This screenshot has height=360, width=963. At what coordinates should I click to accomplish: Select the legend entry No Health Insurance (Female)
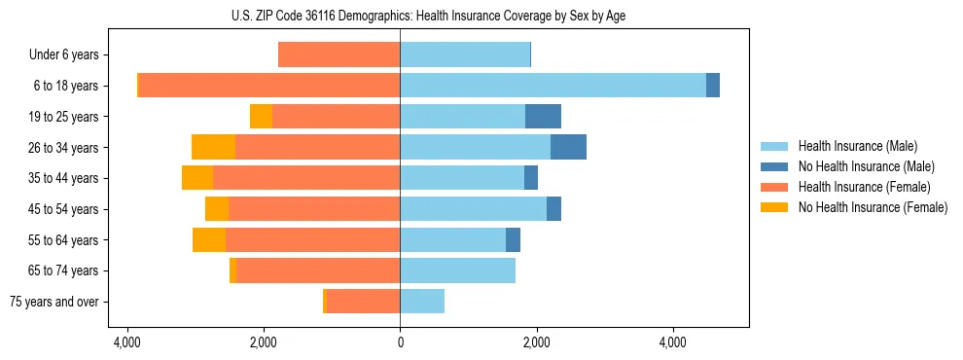pyautogui.click(x=873, y=207)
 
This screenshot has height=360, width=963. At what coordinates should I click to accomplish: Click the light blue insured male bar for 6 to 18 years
pyautogui.click(x=553, y=86)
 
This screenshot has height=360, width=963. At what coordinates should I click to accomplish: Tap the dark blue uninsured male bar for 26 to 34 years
pyautogui.click(x=568, y=147)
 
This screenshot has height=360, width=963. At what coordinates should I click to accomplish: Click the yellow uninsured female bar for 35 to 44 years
pyautogui.click(x=197, y=178)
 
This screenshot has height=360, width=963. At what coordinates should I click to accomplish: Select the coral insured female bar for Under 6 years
pyautogui.click(x=339, y=54)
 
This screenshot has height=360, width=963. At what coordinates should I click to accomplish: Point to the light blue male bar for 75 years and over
pyautogui.click(x=422, y=302)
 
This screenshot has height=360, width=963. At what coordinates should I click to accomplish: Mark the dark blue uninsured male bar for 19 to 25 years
pyautogui.click(x=543, y=117)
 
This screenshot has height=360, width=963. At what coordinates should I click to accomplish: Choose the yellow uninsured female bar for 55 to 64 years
pyautogui.click(x=209, y=239)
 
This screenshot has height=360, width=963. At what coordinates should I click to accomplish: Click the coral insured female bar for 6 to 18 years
pyautogui.click(x=269, y=86)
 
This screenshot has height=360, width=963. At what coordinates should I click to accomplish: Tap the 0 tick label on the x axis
pyautogui.click(x=400, y=343)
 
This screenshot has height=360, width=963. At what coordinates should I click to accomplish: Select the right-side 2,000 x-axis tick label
pyautogui.click(x=536, y=343)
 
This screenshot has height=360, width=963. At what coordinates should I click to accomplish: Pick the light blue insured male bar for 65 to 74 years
pyautogui.click(x=457, y=270)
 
